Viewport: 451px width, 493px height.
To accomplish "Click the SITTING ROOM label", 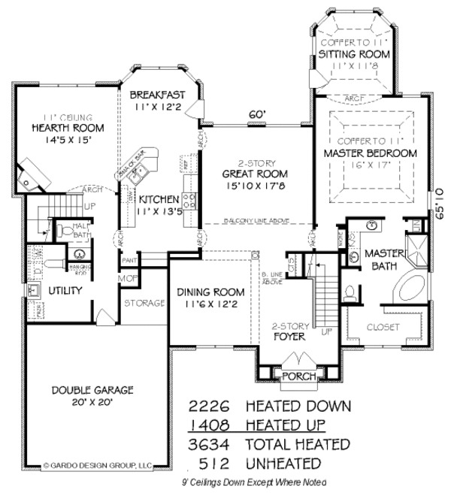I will (354, 55).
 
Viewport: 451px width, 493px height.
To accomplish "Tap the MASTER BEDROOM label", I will (370, 153).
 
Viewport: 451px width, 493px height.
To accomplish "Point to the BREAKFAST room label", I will (157, 95).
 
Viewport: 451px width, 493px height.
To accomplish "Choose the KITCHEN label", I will (159, 200).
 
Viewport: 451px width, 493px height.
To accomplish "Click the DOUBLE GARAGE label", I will (92, 390).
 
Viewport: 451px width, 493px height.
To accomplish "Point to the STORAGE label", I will (145, 303).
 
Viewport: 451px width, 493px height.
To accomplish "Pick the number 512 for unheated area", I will (216, 463).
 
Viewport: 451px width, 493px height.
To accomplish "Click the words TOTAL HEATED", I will (297, 444).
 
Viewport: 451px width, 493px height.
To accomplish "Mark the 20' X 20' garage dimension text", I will (92, 402).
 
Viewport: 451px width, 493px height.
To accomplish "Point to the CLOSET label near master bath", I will (383, 327).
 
